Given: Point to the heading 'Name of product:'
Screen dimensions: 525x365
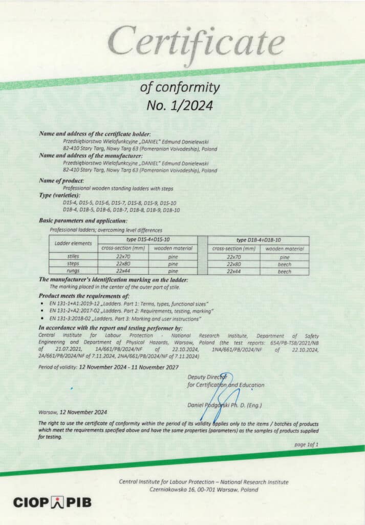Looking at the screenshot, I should pyautogui.click(x=62, y=181).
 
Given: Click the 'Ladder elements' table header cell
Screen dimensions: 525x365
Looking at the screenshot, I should pyautogui.click(x=73, y=243).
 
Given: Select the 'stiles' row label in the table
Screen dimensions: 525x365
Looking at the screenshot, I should pyautogui.click(x=73, y=256).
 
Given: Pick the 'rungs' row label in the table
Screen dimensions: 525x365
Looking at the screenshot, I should pyautogui.click(x=73, y=271).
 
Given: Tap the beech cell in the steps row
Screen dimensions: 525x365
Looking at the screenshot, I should pyautogui.click(x=285, y=264).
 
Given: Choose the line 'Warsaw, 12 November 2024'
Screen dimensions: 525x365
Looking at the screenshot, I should pyautogui.click(x=73, y=412).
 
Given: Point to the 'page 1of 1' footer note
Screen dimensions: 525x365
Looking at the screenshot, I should pyautogui.click(x=306, y=445).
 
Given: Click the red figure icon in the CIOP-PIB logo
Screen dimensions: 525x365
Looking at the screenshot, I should pyautogui.click(x=56, y=502).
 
